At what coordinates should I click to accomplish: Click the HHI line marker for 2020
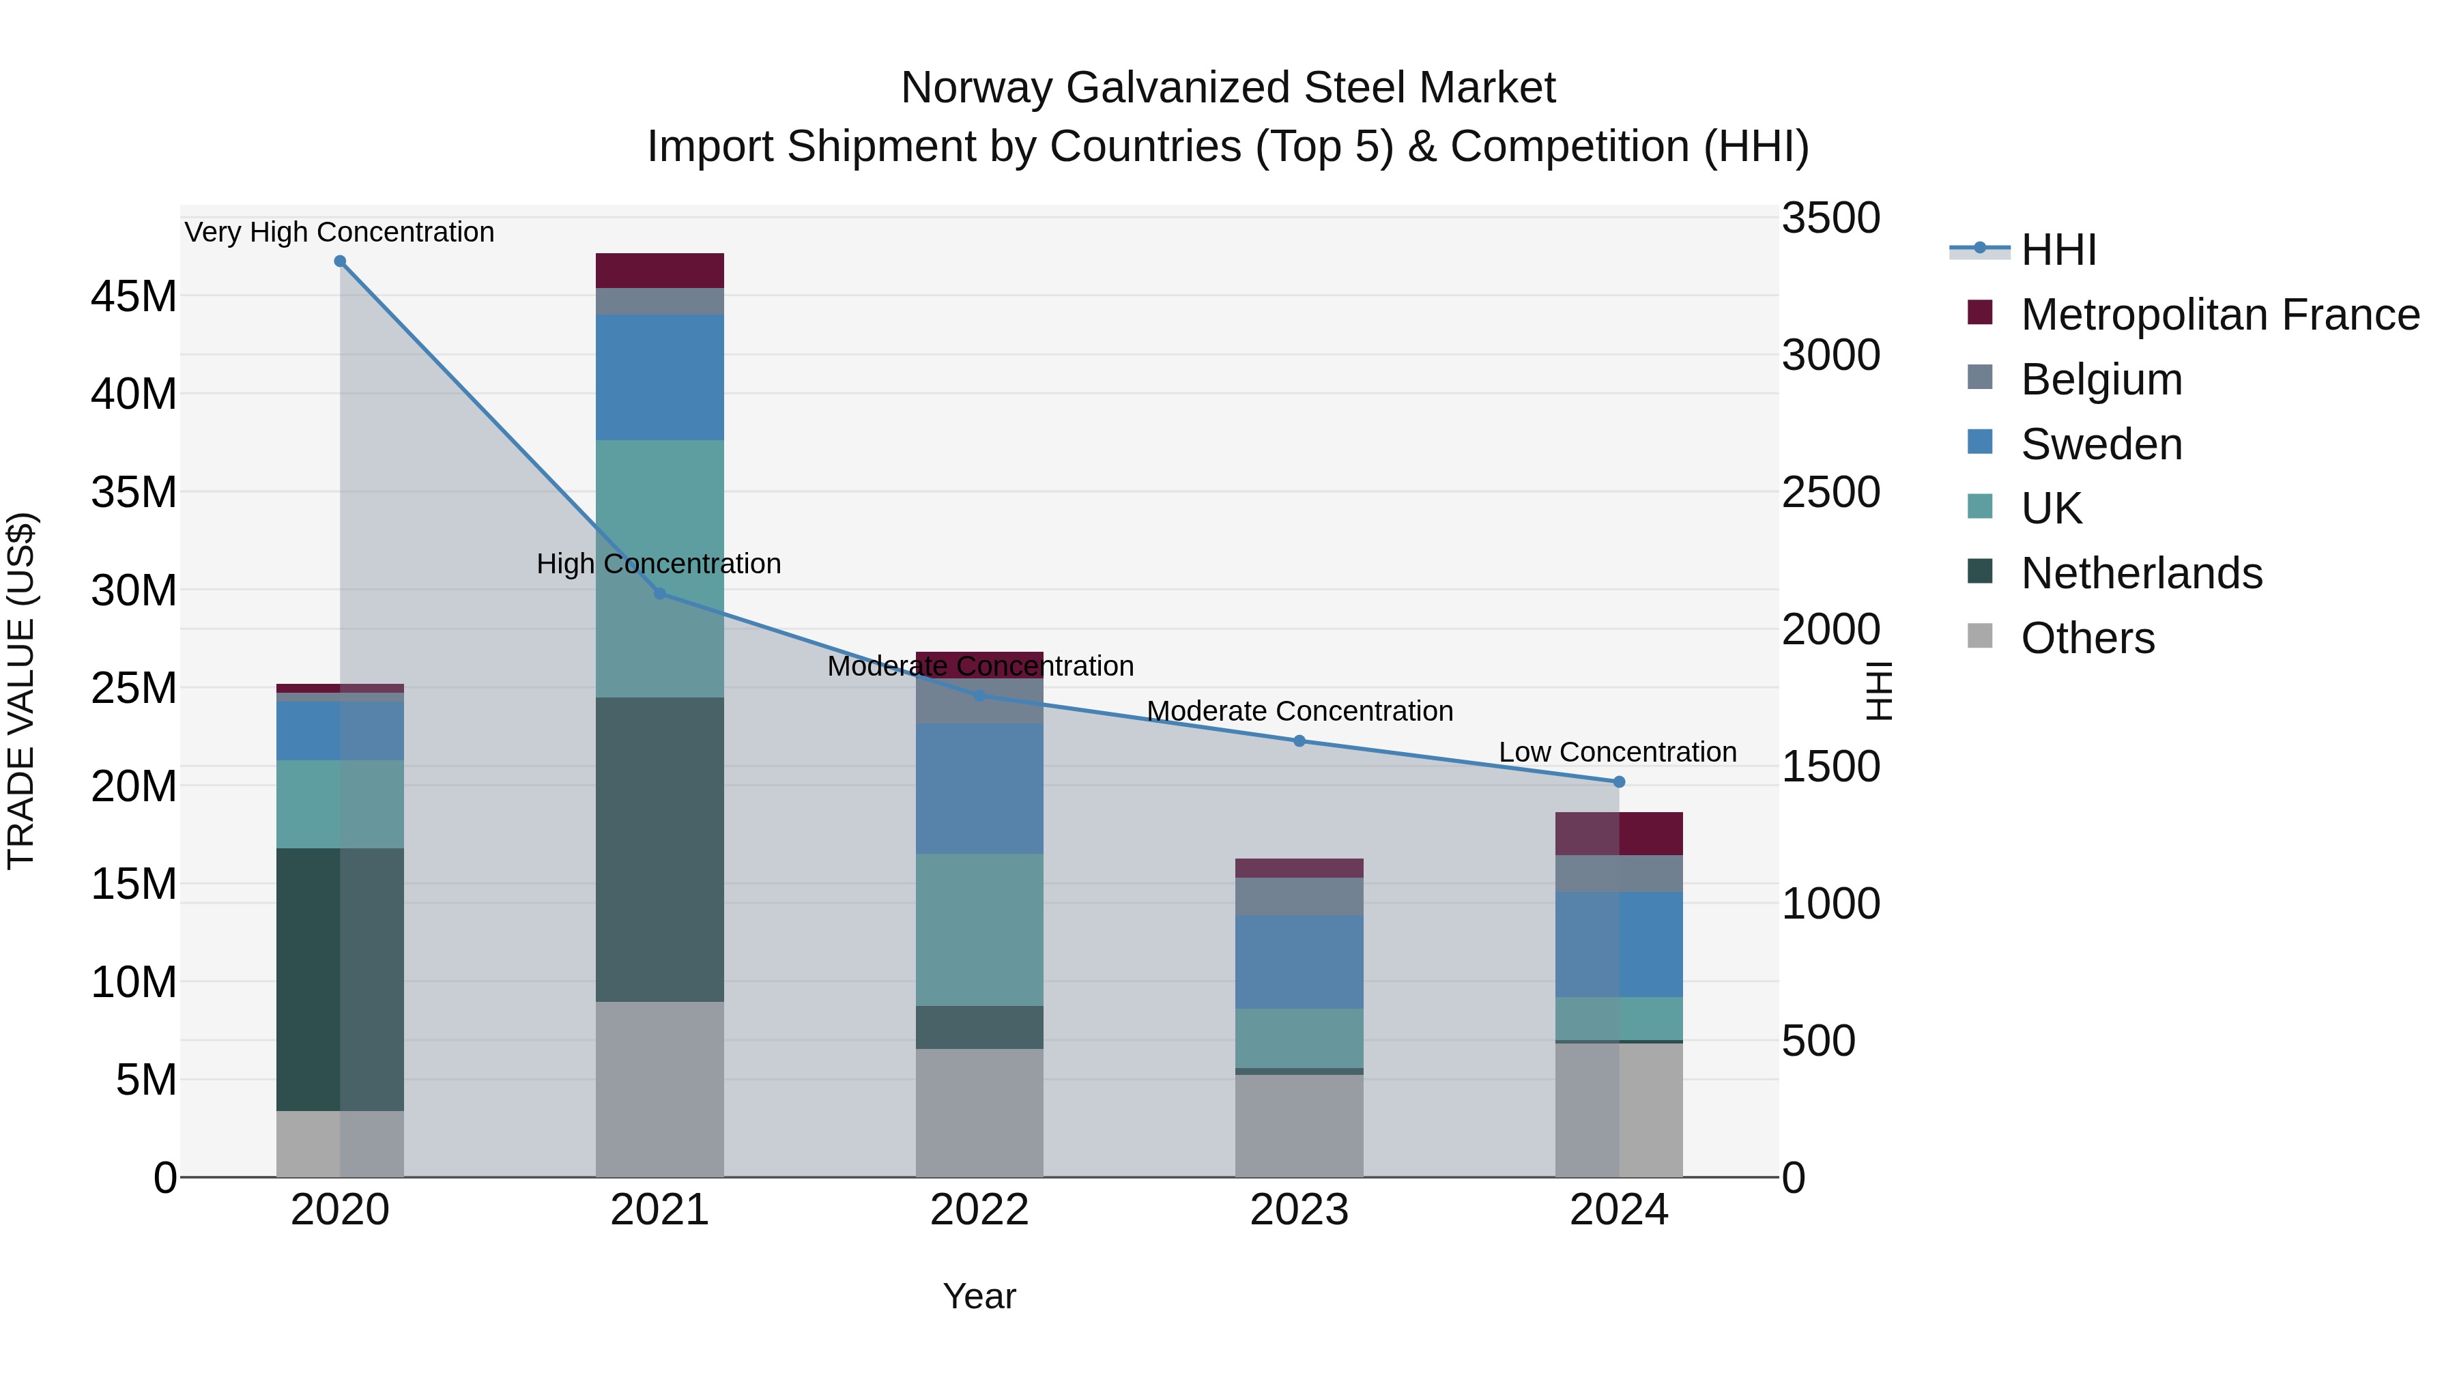point(340,261)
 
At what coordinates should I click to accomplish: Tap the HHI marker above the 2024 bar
point(1619,782)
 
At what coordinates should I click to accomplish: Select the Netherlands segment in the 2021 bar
point(659,849)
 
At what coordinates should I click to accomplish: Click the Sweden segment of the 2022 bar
point(979,788)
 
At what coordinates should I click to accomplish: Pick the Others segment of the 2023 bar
point(1298,1125)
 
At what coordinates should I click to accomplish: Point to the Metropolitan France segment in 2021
point(659,271)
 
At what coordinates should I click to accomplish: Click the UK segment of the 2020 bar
point(340,804)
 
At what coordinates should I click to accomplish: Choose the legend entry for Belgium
point(2101,379)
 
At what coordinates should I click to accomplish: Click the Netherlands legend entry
point(2141,573)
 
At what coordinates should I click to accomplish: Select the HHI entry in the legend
point(2058,250)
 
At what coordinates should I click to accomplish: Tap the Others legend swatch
point(1980,636)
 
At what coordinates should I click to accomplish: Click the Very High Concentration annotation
point(340,232)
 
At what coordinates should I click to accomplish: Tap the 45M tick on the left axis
point(134,297)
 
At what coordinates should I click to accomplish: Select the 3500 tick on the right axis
point(1830,218)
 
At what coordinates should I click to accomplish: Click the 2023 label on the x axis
point(1298,1210)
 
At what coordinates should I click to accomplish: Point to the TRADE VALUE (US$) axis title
point(21,691)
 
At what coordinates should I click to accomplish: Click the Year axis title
point(979,1296)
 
